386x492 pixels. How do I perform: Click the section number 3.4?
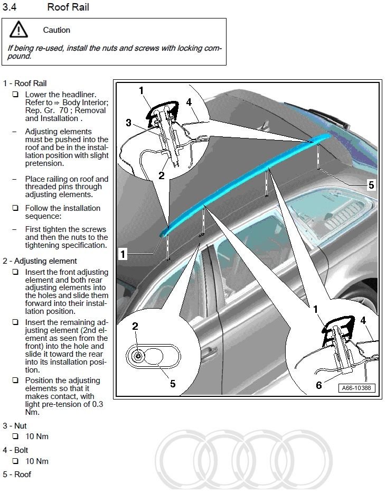10,7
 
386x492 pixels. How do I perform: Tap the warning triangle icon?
18,30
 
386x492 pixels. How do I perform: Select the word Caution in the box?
57,30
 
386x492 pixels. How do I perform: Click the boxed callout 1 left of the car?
123,254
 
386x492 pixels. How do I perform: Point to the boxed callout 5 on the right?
371,185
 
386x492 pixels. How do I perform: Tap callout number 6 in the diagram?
318,385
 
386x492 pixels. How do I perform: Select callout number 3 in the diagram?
128,123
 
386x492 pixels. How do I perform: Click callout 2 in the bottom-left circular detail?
135,327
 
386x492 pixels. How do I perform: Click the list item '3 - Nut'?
14,425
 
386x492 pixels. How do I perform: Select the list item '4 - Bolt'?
15,450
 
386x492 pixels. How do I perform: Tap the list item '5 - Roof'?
17,474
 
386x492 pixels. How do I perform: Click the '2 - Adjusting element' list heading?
40,261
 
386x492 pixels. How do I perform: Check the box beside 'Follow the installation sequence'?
15,208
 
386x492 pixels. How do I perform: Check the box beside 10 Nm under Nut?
15,437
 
